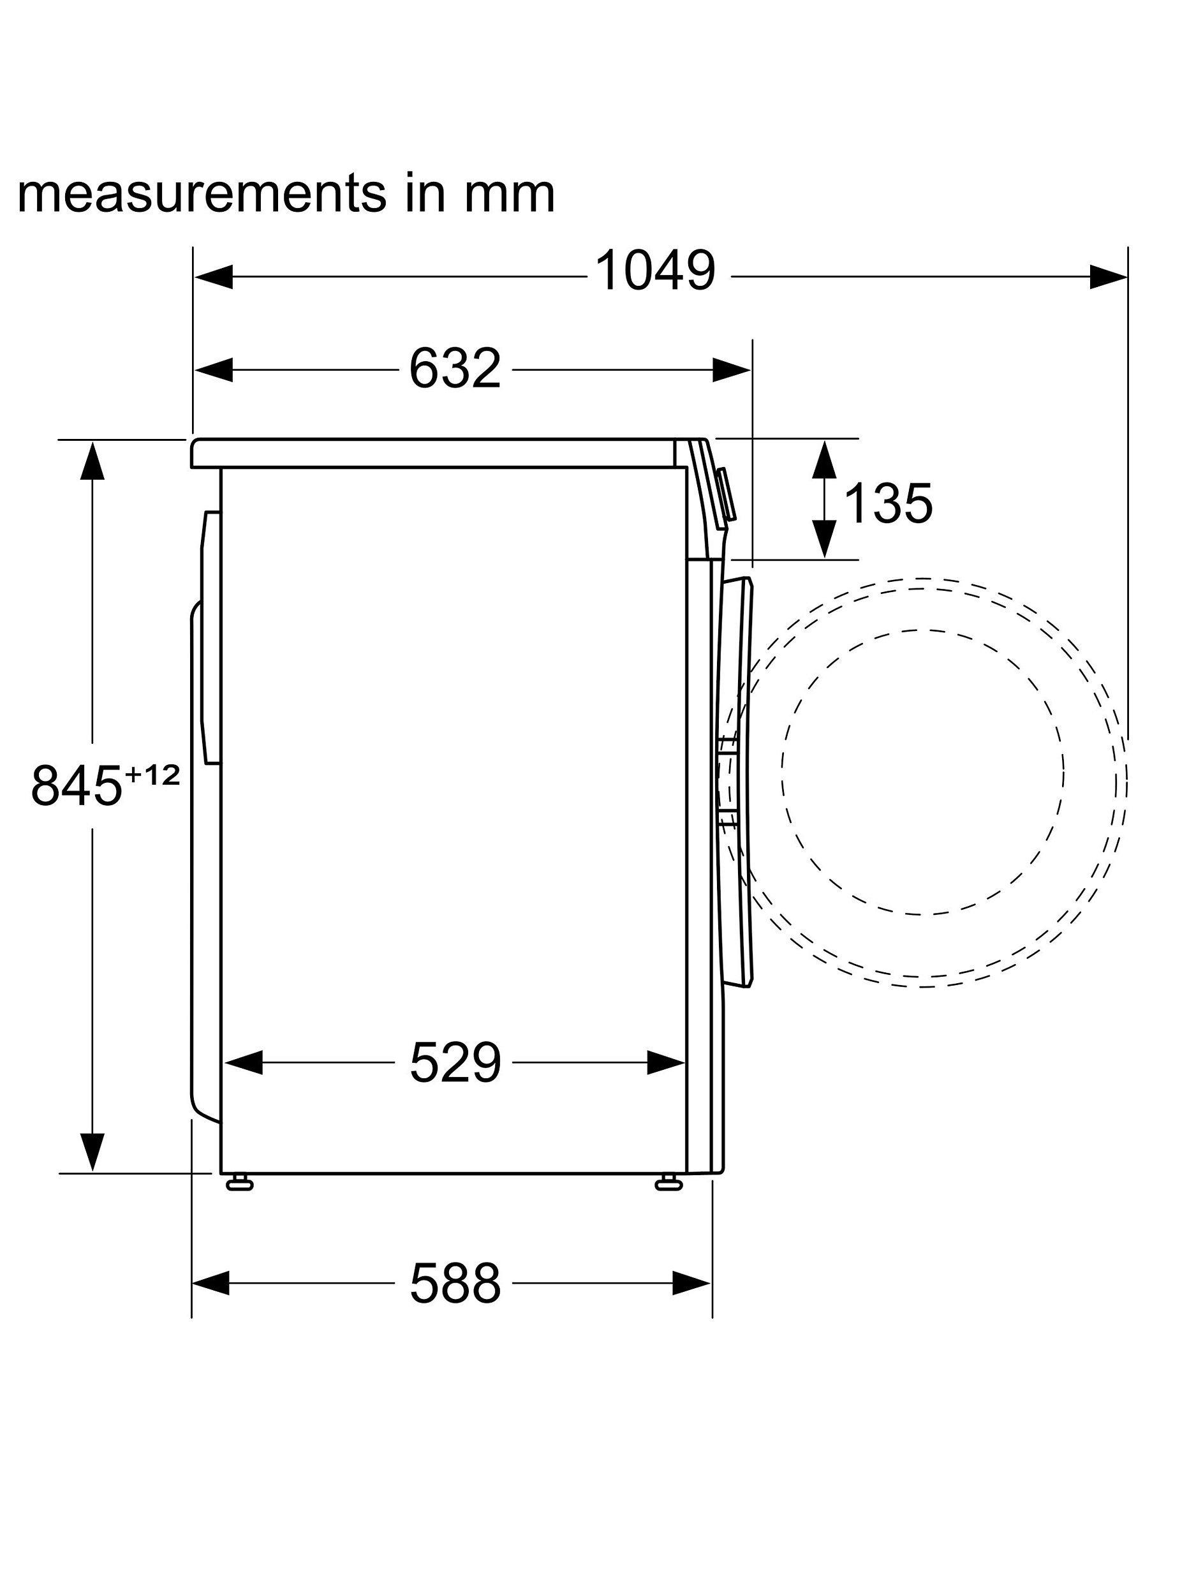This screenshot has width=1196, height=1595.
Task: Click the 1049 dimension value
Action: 655,271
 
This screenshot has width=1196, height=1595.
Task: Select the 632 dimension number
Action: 455,369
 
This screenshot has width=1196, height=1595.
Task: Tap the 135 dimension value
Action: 888,503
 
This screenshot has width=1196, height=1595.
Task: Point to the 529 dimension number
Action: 455,1063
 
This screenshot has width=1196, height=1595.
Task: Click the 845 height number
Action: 77,785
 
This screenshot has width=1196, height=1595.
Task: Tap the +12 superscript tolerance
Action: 152,775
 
